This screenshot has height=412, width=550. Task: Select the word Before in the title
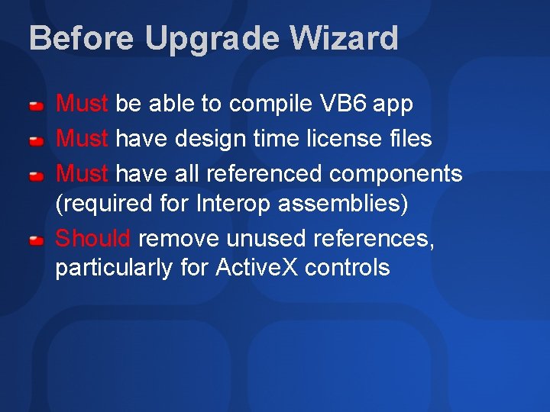[80, 38]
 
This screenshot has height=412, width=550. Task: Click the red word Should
[93, 238]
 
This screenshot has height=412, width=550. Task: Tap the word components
[396, 175]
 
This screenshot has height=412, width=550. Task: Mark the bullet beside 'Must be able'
[36, 105]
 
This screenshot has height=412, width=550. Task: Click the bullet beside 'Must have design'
[36, 140]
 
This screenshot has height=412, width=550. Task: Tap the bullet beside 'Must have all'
[36, 175]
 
